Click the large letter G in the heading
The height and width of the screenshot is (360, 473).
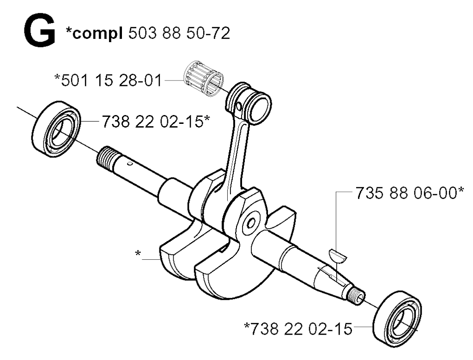[39, 31]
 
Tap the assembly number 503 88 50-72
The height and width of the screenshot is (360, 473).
[179, 33]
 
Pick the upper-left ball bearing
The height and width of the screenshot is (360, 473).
[56, 129]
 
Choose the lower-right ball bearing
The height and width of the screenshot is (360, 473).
[397, 317]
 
